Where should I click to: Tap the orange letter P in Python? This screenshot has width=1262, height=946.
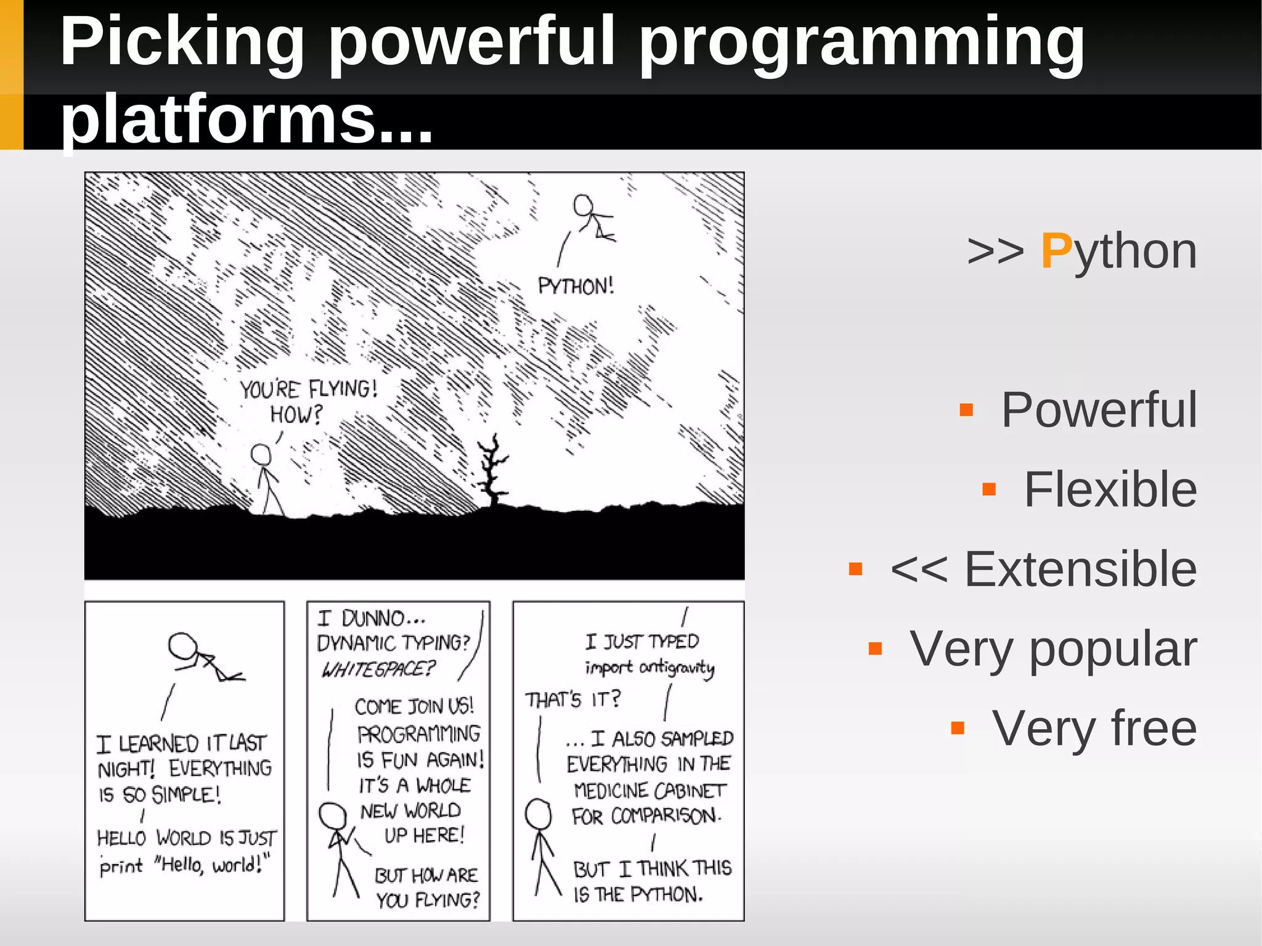[1056, 251]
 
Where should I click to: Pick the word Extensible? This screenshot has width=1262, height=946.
[1080, 569]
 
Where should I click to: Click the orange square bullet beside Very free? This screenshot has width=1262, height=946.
[957, 728]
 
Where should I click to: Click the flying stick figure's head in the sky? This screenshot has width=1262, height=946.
[583, 205]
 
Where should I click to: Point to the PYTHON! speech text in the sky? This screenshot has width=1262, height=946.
[576, 287]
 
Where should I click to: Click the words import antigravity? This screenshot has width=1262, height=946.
[649, 667]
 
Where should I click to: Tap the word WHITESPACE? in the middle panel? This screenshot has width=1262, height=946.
[378, 669]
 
